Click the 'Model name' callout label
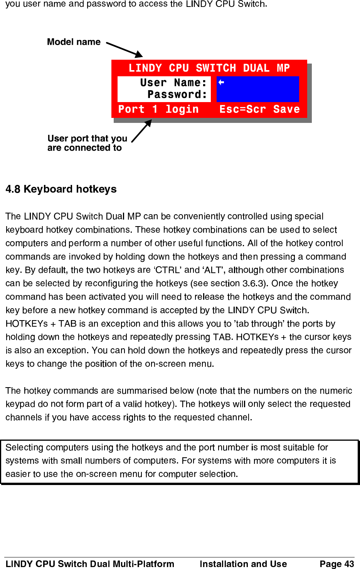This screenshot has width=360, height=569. (74, 42)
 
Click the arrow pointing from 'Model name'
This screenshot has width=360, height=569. (124, 50)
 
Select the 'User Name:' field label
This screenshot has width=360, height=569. (173, 83)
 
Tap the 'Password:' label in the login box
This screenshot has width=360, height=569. (177, 94)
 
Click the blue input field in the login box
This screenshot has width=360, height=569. (257, 89)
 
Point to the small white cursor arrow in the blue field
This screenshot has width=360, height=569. (221, 82)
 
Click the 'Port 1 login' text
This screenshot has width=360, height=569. (158, 109)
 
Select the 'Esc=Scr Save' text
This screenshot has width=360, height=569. (259, 109)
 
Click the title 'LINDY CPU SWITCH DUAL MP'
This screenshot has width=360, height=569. (209, 68)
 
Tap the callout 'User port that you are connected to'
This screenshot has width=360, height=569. (87, 143)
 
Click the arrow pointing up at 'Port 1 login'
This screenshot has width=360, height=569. (141, 131)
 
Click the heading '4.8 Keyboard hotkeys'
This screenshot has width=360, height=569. (61, 189)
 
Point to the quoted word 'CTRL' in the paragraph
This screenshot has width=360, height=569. (168, 270)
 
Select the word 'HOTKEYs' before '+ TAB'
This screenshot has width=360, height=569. (27, 324)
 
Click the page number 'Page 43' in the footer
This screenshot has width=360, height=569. (336, 564)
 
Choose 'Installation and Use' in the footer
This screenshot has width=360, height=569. (243, 564)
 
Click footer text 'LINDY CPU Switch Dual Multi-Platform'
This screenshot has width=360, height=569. (90, 564)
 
